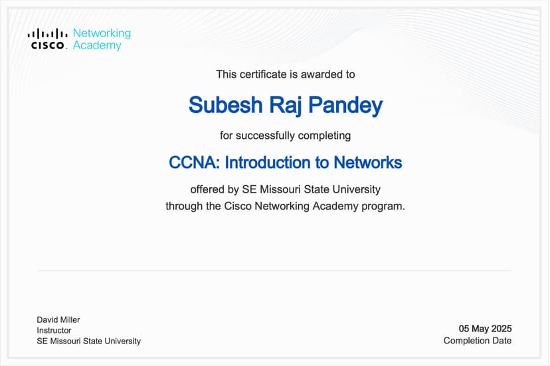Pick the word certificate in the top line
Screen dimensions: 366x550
tap(265, 74)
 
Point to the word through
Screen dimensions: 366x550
tap(184, 206)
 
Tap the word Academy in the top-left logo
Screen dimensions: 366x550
tap(97, 45)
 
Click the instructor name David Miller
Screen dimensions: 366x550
tap(58, 320)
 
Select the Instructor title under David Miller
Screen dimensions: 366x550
tap(54, 330)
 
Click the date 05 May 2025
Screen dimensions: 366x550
tap(485, 329)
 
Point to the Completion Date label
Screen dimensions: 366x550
tap(478, 341)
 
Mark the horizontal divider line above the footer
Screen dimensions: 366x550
tap(274, 271)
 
